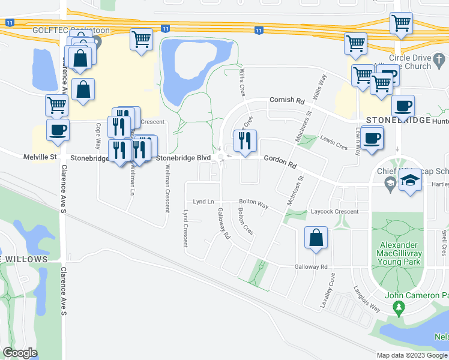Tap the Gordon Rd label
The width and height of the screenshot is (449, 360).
click(280, 162)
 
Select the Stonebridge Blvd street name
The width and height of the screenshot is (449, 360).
click(183, 158)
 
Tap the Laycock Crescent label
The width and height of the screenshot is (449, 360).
click(334, 211)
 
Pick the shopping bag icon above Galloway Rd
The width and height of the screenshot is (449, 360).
click(316, 237)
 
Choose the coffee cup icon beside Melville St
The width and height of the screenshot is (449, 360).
click(58, 130)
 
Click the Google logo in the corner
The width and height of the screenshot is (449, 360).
click(20, 353)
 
